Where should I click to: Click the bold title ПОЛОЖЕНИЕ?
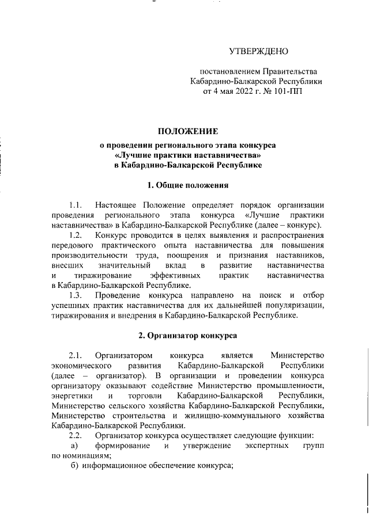click(x=189, y=132)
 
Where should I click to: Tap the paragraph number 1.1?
click(x=76, y=206)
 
